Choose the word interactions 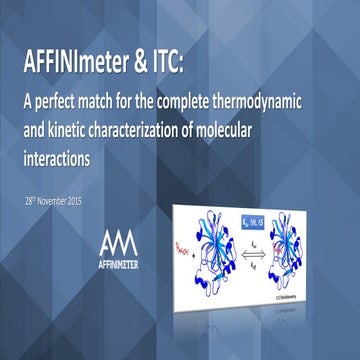point(66,158)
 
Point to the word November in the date point(67,201)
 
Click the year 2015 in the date point(98,201)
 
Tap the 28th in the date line point(33,201)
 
